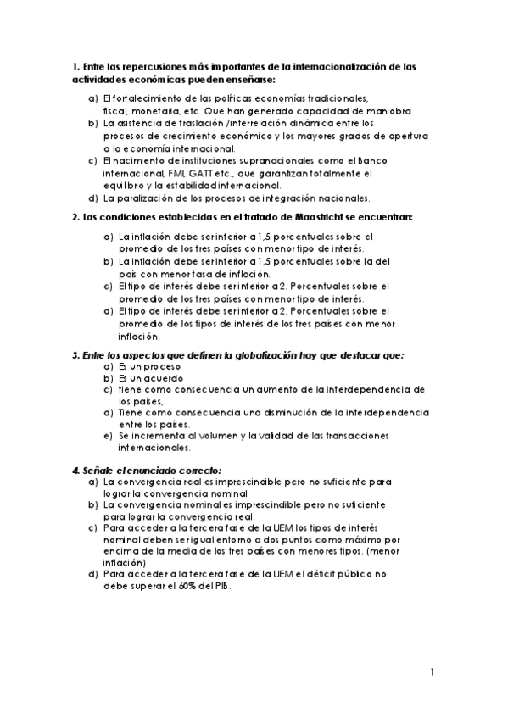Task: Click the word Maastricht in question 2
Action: [x=334, y=218]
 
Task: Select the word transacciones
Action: [x=349, y=435]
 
